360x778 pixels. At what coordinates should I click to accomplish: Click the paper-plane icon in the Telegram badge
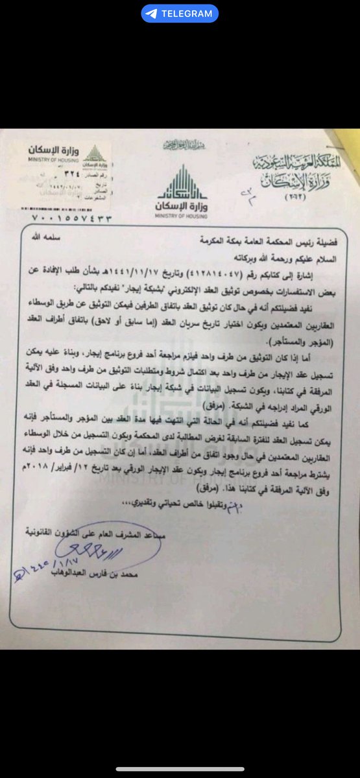tap(151, 13)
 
